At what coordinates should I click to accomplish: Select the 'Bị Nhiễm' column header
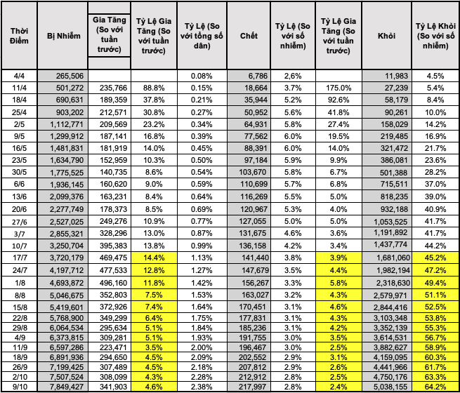coord(60,35)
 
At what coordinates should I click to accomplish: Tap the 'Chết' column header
coord(249,35)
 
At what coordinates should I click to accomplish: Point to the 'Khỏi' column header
coord(386,35)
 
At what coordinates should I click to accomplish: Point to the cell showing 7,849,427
coord(65,387)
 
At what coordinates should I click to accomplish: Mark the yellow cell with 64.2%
coord(435,387)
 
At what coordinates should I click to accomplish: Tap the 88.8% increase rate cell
coord(154,87)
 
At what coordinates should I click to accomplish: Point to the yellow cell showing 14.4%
coord(154,258)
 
